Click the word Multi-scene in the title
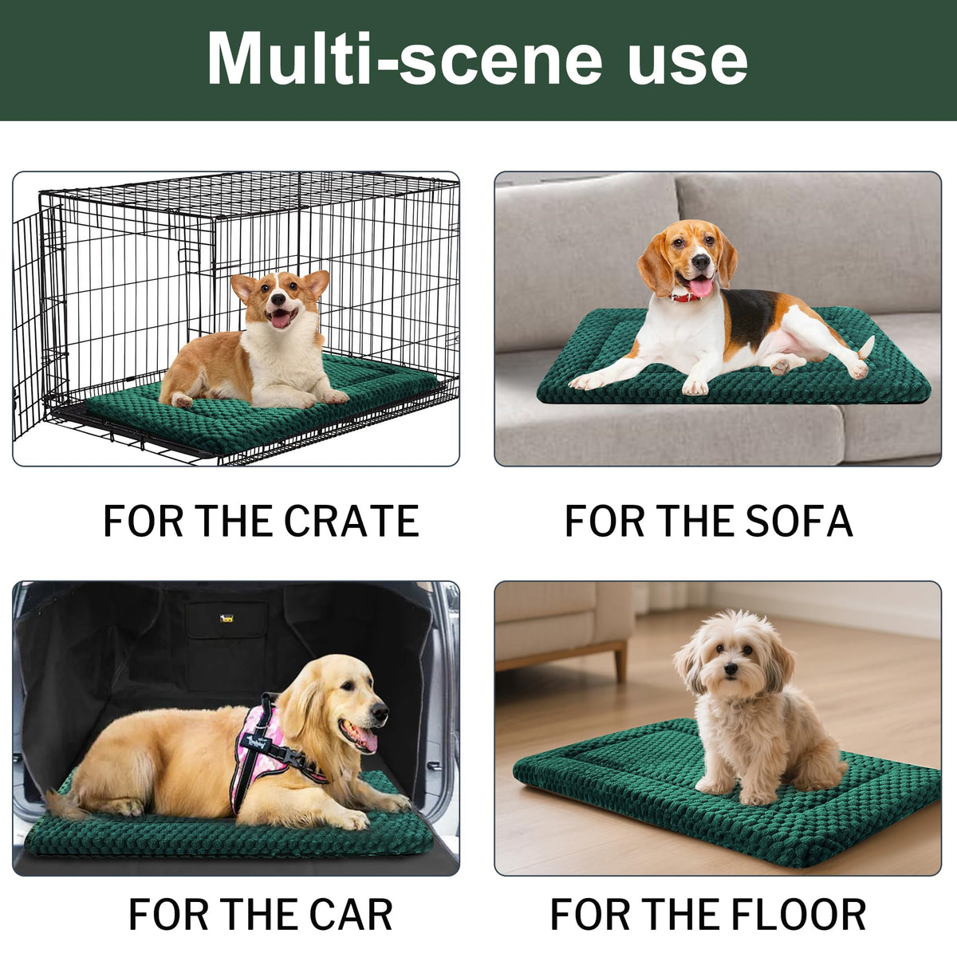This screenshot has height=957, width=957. pyautogui.click(x=404, y=58)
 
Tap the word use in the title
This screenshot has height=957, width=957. pyautogui.click(x=687, y=64)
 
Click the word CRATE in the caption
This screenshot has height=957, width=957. pyautogui.click(x=352, y=521)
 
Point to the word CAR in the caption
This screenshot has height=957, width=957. pyautogui.click(x=351, y=914)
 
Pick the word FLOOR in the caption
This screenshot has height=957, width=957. pyautogui.click(x=801, y=914)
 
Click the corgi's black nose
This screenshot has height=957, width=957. pyautogui.click(x=278, y=298)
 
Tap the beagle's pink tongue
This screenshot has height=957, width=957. pyautogui.click(x=699, y=286)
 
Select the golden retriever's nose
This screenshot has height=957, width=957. pyautogui.click(x=380, y=712)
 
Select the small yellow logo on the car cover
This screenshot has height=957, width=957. pyautogui.click(x=226, y=618)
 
